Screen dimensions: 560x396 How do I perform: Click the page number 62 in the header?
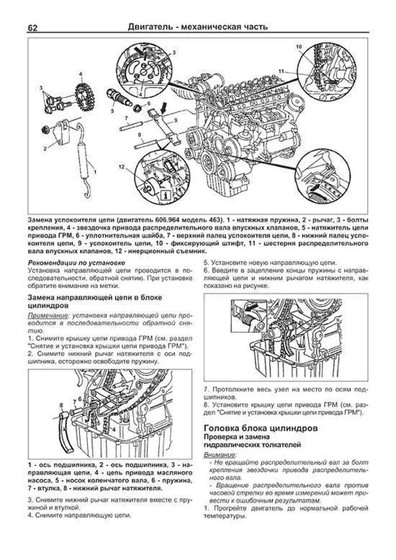click(x=32, y=28)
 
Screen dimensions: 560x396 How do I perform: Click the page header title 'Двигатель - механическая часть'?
click(x=197, y=27)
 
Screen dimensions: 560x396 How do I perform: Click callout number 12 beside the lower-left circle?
click(x=122, y=167)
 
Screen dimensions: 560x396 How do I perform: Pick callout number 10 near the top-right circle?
click(x=299, y=47)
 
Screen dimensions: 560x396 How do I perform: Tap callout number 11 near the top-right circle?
click(x=281, y=71)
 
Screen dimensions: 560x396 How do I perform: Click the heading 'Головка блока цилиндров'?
click(x=261, y=428)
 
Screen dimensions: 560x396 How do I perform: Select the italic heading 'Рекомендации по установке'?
click(x=77, y=263)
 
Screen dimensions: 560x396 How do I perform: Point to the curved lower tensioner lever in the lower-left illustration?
click(x=66, y=433)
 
